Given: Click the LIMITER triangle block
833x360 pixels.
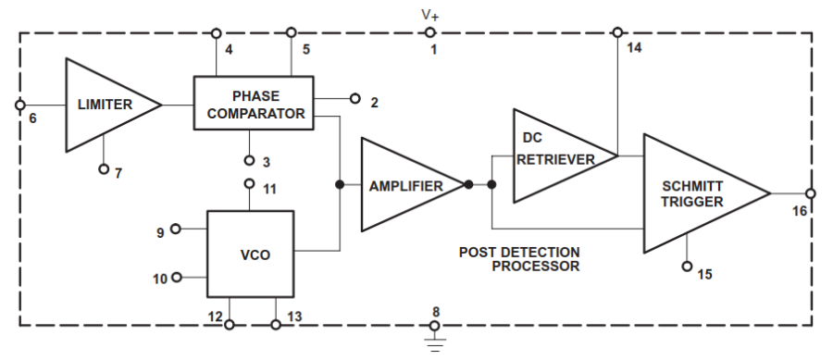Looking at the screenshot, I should click(x=102, y=105).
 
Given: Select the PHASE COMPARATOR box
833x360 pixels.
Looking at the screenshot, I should click(x=254, y=105).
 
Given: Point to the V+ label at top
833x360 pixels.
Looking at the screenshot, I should click(x=431, y=15).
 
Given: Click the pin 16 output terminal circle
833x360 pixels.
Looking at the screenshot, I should click(x=811, y=193).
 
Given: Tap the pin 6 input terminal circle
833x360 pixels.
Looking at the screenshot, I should click(x=20, y=105).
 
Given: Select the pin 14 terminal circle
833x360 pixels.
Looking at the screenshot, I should click(x=618, y=32).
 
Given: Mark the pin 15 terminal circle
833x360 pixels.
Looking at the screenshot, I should click(x=687, y=267).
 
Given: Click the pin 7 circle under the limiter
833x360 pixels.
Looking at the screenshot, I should click(x=103, y=169).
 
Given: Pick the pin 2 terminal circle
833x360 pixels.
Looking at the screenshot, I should click(x=354, y=97).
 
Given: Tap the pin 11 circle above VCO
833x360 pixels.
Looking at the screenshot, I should click(x=249, y=183).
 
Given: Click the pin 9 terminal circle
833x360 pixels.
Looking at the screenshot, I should click(x=177, y=228).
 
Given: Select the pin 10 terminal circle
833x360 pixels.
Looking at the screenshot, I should click(x=177, y=277).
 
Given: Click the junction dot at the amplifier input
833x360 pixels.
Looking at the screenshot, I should click(x=341, y=185).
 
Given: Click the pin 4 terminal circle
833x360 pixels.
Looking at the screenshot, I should click(x=216, y=33).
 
